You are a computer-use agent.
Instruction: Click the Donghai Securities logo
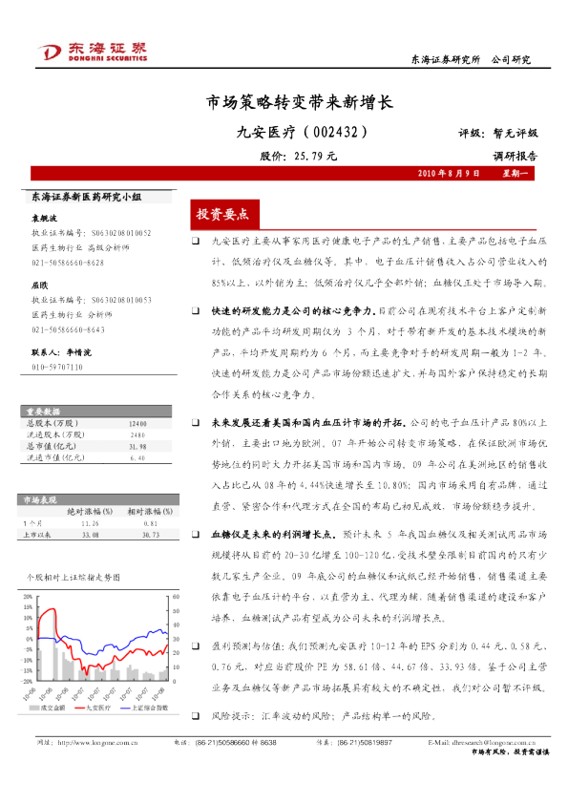pyautogui.click(x=91, y=51)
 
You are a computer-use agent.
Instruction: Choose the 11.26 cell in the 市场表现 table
pyautogui.click(x=91, y=522)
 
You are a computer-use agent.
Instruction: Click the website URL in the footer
pyautogui.click(x=95, y=742)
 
